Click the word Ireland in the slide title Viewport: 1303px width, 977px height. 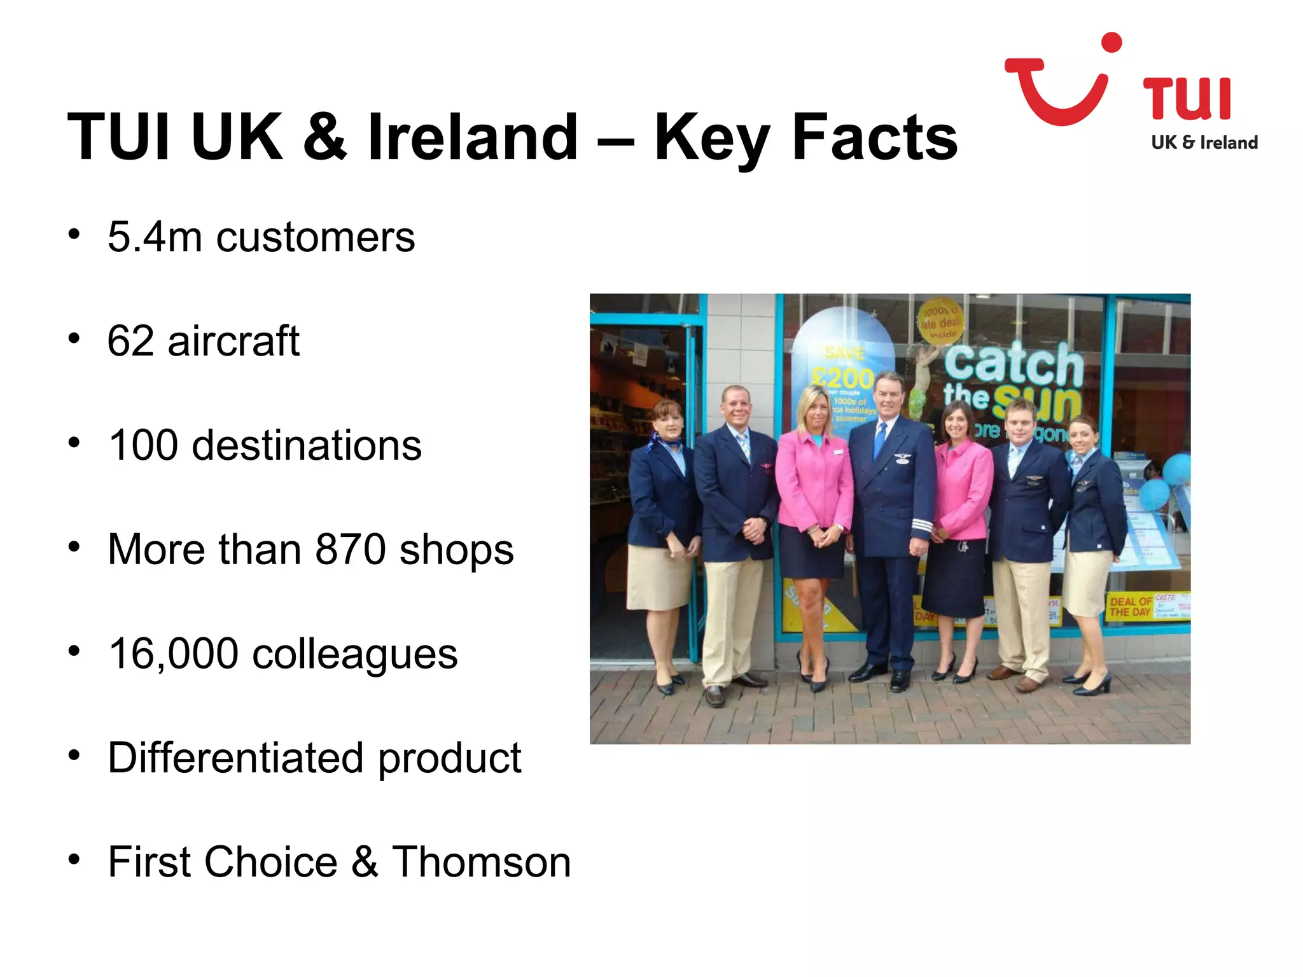472,137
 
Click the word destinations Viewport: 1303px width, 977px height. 307,445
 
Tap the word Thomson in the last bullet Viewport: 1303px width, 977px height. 481,863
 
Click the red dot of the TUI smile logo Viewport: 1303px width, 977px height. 1111,43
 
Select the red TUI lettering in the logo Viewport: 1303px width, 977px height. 1187,99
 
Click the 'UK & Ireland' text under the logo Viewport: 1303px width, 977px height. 1204,142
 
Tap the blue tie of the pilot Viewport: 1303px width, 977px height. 881,439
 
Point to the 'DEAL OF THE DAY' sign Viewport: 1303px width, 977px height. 1130,606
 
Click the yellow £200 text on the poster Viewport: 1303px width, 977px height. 844,379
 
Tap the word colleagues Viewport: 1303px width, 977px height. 354,654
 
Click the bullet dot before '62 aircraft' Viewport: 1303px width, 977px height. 74,338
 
